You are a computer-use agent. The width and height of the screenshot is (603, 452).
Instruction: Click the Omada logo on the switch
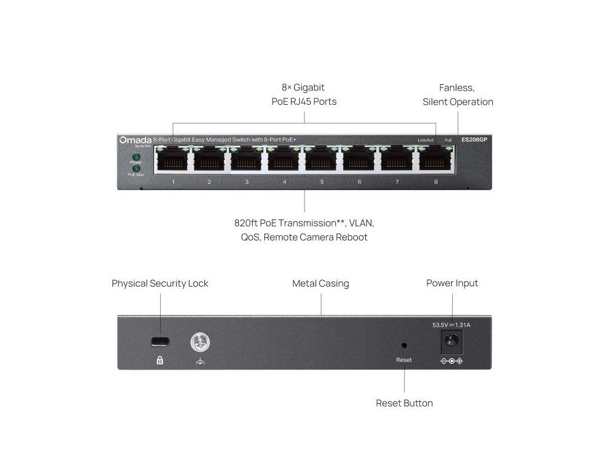pyautogui.click(x=135, y=140)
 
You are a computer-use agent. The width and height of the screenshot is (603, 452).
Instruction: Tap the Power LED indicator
pyautogui.click(x=136, y=157)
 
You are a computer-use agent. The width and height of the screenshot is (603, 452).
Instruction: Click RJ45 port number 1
pyautogui.click(x=173, y=159)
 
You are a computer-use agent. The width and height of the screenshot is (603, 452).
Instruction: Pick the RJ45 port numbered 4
pyautogui.click(x=284, y=159)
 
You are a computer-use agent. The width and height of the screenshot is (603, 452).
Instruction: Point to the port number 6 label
pyautogui.click(x=359, y=182)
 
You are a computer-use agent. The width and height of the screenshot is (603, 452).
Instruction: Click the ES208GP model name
pyautogui.click(x=474, y=139)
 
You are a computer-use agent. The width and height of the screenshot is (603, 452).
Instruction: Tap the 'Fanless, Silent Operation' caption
pyautogui.click(x=458, y=95)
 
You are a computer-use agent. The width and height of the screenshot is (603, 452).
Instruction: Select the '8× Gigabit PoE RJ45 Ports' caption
pyautogui.click(x=303, y=95)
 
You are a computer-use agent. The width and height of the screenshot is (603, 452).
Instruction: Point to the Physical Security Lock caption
pyautogui.click(x=160, y=284)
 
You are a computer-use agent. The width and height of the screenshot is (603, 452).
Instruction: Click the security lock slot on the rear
pyautogui.click(x=160, y=341)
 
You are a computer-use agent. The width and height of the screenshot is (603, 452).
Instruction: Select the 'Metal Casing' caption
pyautogui.click(x=320, y=284)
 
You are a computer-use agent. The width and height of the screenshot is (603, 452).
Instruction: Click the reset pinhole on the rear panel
pyautogui.click(x=404, y=346)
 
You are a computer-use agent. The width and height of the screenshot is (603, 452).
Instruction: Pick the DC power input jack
pyautogui.click(x=452, y=341)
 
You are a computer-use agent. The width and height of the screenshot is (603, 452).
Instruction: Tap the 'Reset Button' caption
pyautogui.click(x=404, y=403)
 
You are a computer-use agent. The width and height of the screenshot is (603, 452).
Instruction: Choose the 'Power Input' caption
pyautogui.click(x=452, y=284)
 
